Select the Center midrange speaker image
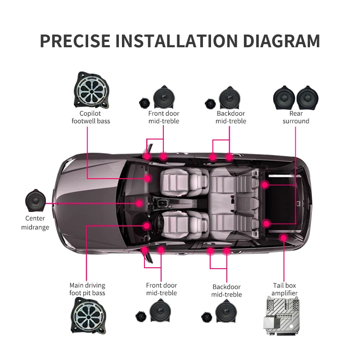tap(38, 201)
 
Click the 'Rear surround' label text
tap(296, 117)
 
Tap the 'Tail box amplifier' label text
tap(284, 289)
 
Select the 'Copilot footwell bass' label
tap(91, 117)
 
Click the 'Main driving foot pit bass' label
tap(87, 289)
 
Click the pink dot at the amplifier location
tap(283, 237)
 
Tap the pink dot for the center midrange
tap(140, 203)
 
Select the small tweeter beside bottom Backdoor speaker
tap(207, 317)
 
